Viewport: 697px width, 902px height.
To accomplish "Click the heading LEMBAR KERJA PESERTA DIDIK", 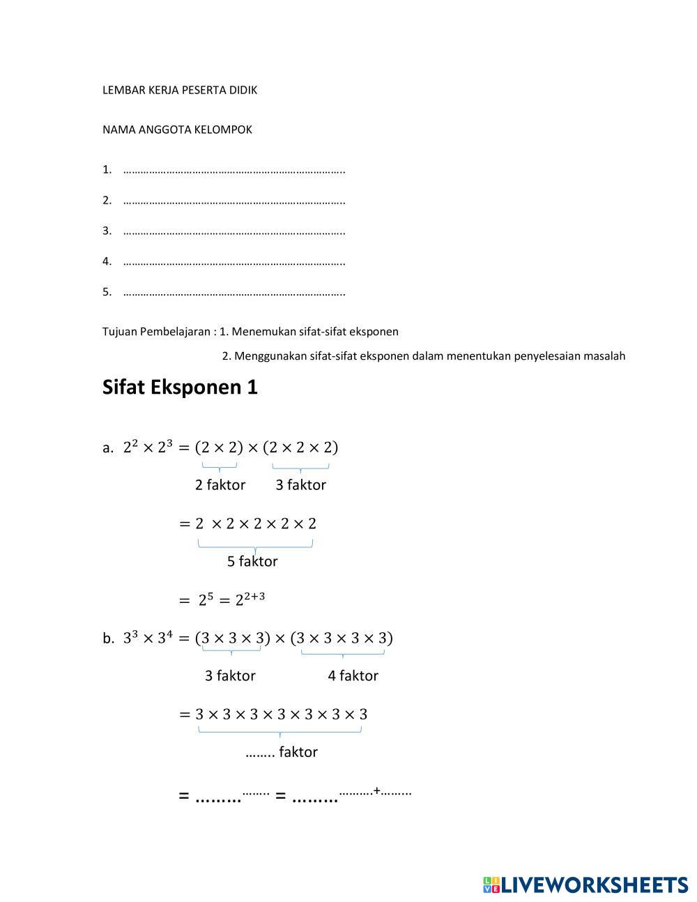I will (x=180, y=90).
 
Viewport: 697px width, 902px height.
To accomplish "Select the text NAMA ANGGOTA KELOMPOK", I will (x=177, y=130).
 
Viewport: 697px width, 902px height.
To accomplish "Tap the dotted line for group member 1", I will (x=234, y=170).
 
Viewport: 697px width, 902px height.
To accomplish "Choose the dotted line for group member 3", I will (x=234, y=231).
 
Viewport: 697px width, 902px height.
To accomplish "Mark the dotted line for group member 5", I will (x=234, y=293).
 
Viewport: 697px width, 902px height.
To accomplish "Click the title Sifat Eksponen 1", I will (x=180, y=388).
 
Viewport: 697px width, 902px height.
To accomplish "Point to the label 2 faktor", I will (x=220, y=485).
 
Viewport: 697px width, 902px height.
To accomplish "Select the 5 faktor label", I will (x=252, y=562).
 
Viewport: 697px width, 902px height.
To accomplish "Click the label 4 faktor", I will (x=353, y=676).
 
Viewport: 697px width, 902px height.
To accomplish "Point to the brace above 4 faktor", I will (x=343, y=654).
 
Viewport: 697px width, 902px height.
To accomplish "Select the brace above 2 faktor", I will (x=220, y=467).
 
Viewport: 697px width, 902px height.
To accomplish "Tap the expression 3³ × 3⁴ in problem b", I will (x=148, y=638).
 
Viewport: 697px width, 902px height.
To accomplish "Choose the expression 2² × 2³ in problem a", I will (x=148, y=448).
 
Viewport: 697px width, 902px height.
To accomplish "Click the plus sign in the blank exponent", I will (x=377, y=790).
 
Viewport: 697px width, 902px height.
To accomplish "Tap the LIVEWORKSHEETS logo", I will (x=585, y=885).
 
